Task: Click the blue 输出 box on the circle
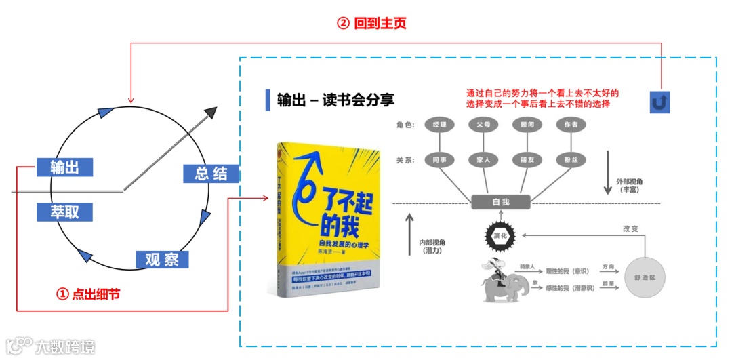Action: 64,167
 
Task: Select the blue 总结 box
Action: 211,174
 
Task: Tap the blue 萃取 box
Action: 64,212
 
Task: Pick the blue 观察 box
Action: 162,259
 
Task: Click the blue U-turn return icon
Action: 659,101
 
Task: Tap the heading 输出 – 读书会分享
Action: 335,100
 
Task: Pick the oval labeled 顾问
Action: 525,125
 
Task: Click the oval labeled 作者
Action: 570,125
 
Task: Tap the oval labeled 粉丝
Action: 570,161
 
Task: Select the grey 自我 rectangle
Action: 501,202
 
